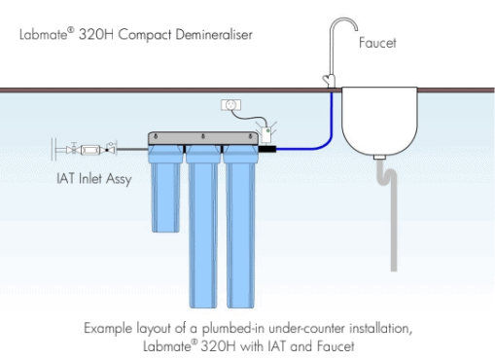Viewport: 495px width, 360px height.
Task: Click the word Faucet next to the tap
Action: click(377, 43)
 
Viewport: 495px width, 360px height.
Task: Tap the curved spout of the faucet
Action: click(343, 19)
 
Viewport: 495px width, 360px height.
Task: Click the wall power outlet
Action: click(230, 105)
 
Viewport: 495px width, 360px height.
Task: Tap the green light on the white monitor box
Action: click(267, 130)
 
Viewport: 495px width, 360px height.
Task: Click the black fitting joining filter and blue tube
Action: click(267, 149)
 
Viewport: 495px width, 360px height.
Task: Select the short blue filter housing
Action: click(165, 189)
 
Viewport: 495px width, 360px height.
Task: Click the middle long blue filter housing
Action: click(203, 227)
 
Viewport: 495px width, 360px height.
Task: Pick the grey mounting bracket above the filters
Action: click(203, 138)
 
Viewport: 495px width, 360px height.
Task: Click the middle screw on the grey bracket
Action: click(203, 136)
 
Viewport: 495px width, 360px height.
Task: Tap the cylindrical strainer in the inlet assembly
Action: click(90, 150)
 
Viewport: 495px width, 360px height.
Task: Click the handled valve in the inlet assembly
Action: click(74, 149)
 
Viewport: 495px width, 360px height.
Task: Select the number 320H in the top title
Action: click(96, 34)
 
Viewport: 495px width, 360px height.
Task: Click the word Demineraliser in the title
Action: click(214, 34)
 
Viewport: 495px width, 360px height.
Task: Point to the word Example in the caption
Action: click(108, 329)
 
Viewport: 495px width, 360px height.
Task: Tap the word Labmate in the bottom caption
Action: click(168, 346)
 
